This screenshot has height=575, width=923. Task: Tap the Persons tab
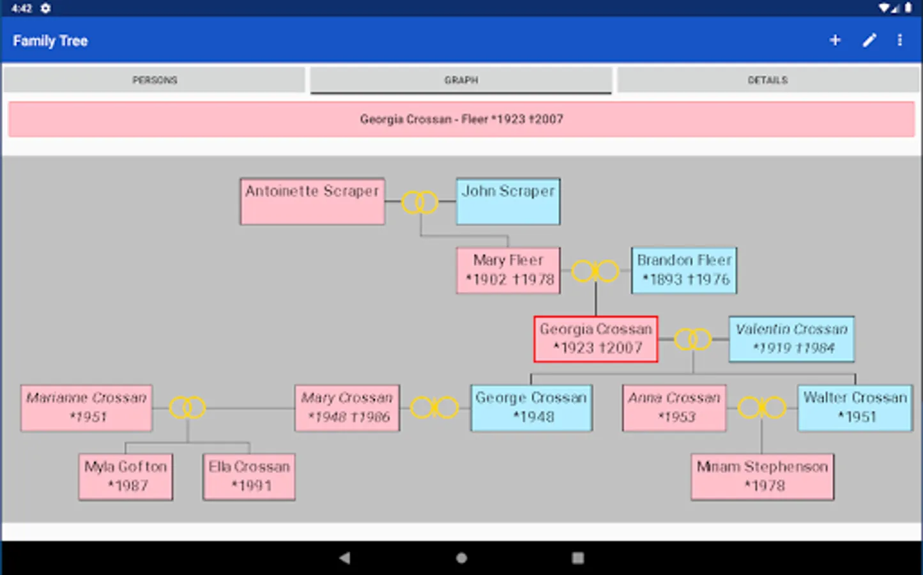(155, 80)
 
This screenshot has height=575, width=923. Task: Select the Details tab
(767, 80)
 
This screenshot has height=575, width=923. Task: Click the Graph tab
(461, 80)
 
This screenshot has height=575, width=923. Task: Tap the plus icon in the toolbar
(835, 40)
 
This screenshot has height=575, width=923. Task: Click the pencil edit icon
(869, 40)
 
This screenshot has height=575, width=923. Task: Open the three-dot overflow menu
(899, 40)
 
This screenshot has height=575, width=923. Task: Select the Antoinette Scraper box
(312, 201)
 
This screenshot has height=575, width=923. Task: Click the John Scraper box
(508, 201)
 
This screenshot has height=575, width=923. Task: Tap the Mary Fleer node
(508, 270)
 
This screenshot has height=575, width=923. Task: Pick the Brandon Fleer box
(683, 270)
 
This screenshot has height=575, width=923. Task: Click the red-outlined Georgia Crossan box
(596, 339)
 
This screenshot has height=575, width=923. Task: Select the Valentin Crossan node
(791, 339)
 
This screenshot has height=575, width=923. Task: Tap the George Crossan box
(531, 408)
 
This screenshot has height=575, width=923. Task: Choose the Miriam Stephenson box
(762, 477)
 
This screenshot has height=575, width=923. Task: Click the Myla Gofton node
(126, 477)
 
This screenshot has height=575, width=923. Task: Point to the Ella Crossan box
(249, 477)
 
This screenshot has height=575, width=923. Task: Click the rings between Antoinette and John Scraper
(420, 203)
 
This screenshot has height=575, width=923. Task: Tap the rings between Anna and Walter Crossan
(761, 407)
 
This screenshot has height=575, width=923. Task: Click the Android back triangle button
(344, 558)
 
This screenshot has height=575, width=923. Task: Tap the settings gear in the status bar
(45, 8)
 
